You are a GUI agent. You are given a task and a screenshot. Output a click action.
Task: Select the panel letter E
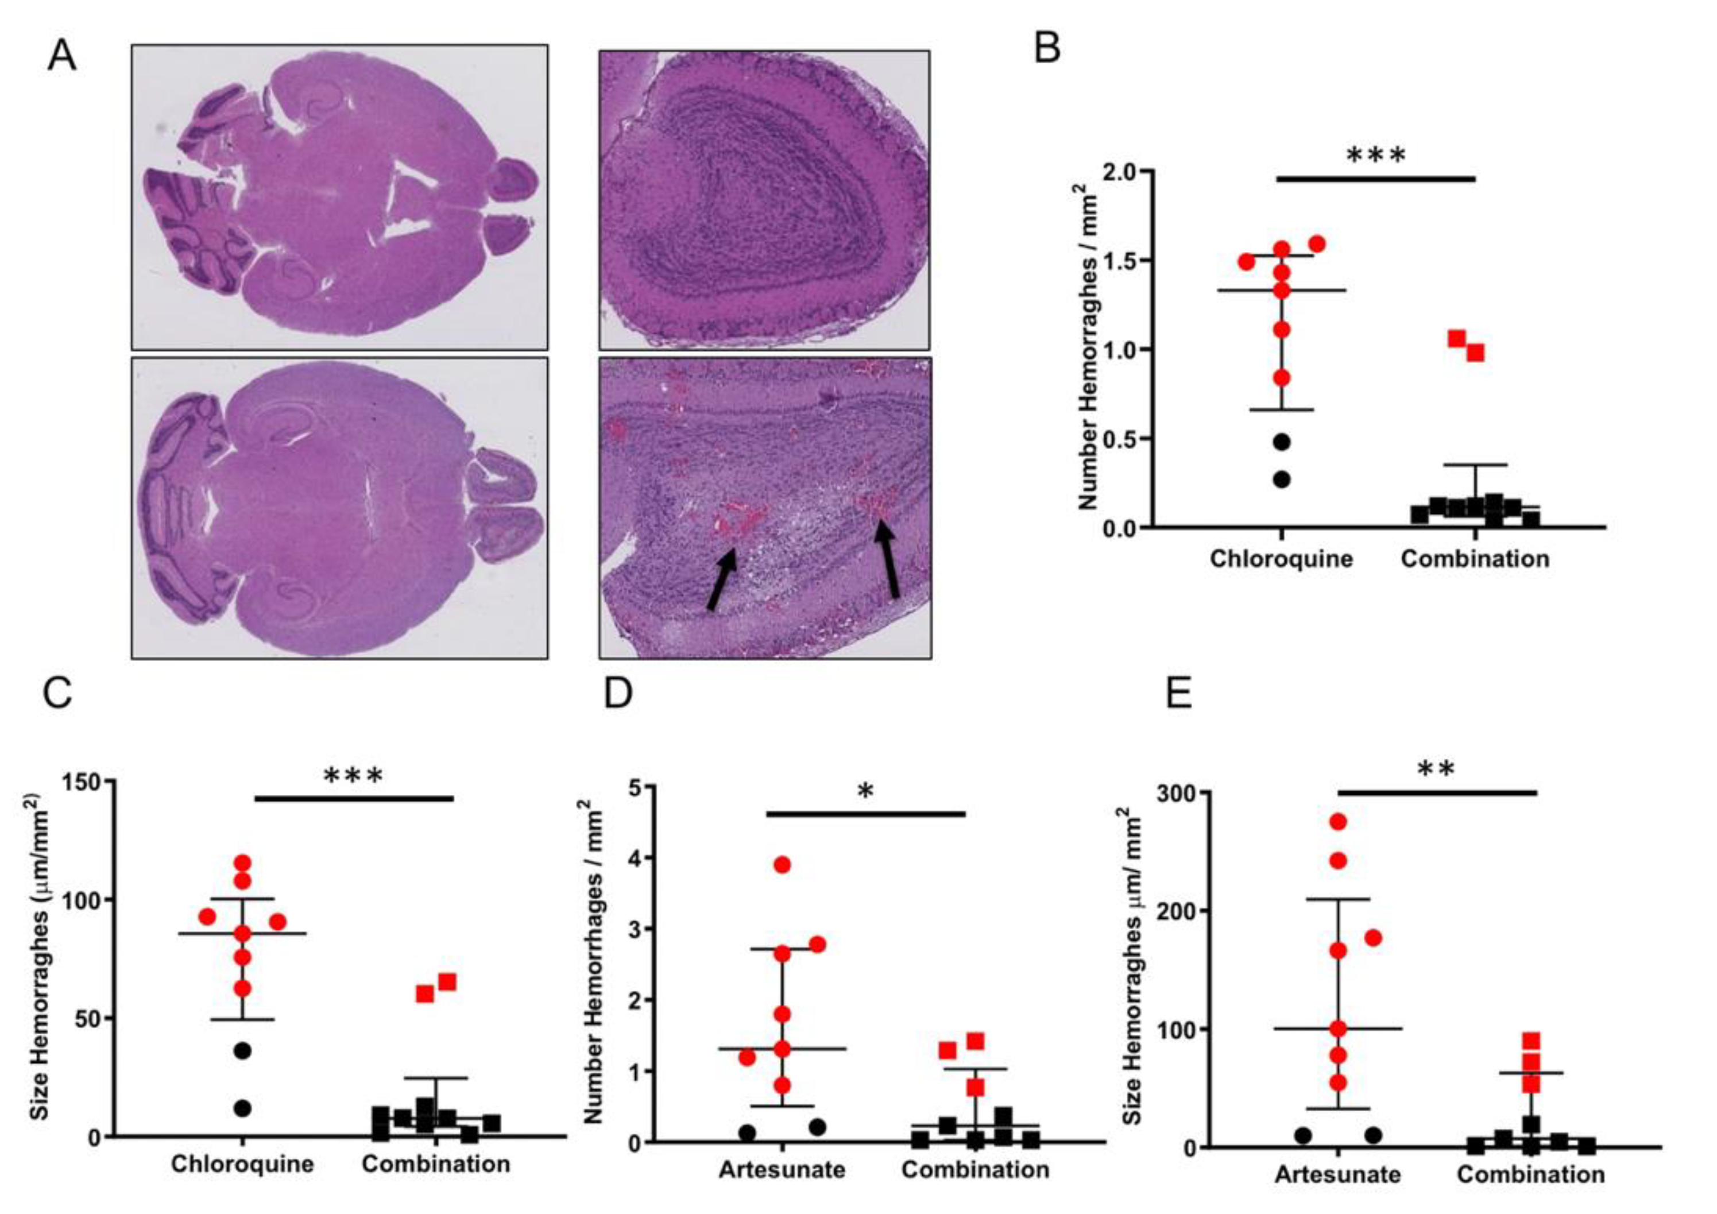coord(1180,693)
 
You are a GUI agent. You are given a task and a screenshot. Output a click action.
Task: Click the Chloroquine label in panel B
coord(1281,559)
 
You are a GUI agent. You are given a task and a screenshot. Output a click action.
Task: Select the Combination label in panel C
coord(436,1164)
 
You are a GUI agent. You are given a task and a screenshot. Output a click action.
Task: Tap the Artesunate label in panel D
coord(782,1169)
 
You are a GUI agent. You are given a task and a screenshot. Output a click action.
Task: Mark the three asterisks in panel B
coord(1376,156)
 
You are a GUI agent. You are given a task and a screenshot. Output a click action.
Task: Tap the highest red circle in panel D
coord(782,865)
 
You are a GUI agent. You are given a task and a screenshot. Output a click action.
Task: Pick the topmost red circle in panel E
coord(1338,822)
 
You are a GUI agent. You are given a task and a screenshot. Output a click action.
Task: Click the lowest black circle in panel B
coord(1281,480)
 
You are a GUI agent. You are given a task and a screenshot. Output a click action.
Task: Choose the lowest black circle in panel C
coord(242,1108)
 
